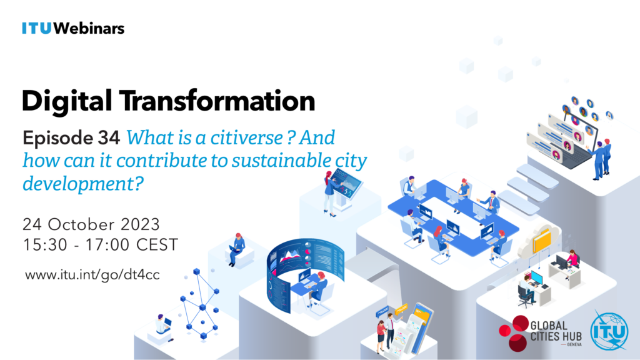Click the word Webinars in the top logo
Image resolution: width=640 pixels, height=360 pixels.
click(89, 28)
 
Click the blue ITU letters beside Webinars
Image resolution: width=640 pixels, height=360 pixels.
click(37, 28)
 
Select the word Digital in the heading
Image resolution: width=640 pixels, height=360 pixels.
click(67, 101)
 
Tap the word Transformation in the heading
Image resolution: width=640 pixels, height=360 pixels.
click(217, 101)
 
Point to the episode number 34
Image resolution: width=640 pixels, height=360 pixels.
click(109, 137)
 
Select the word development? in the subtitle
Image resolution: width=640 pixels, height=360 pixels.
click(83, 183)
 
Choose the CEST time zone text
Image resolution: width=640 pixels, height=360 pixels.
click(157, 245)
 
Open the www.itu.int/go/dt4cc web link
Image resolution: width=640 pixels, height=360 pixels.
click(92, 275)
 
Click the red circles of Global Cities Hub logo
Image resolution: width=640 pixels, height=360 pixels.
click(514, 332)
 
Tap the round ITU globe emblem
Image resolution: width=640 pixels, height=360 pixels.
click(609, 331)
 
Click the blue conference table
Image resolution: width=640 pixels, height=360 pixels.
click(453, 217)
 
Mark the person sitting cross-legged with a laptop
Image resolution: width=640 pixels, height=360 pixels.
click(236, 249)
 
